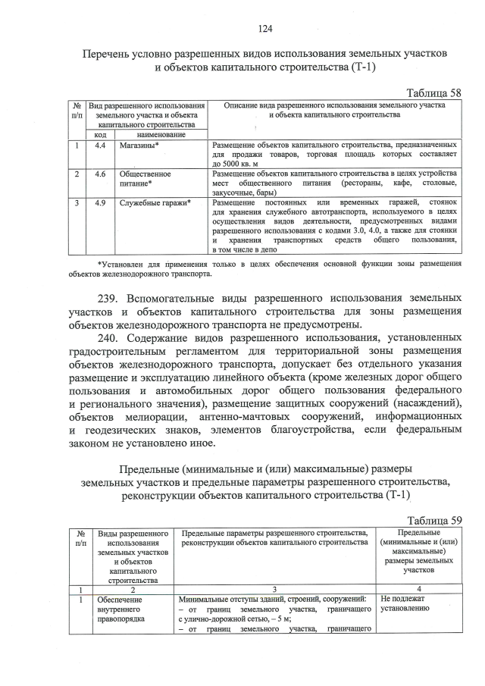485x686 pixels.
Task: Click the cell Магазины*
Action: point(139,144)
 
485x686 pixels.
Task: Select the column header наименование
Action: point(158,134)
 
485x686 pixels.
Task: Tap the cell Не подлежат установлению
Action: point(405,603)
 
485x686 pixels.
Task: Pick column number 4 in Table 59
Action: point(418,588)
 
